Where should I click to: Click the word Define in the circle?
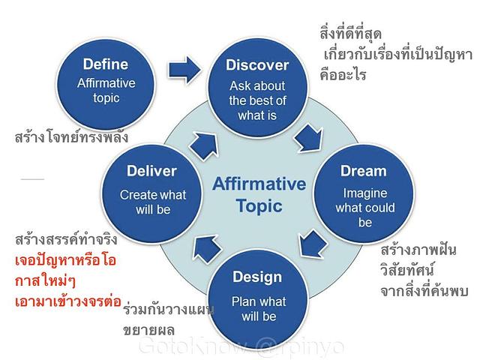point(106,64)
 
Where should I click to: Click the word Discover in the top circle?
point(257,65)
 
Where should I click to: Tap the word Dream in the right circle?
point(363,171)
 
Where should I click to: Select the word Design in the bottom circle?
point(258,277)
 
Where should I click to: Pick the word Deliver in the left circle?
point(151,171)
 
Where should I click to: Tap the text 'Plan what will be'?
point(258,309)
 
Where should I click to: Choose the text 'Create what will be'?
point(152,202)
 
